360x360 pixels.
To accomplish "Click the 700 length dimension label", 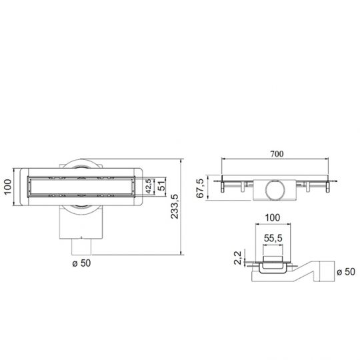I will click(277, 154).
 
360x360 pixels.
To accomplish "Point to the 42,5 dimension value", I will click(149, 186).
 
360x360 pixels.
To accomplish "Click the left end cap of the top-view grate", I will click(28, 187).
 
